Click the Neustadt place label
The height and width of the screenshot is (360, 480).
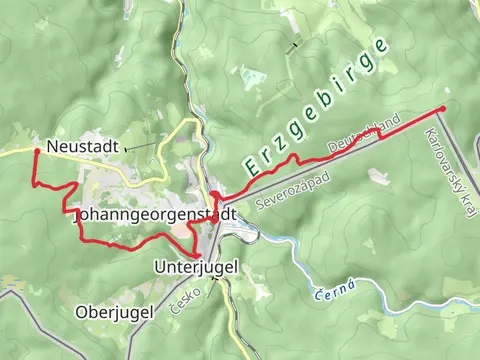tap(82, 146)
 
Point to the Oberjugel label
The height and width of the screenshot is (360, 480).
tap(114, 312)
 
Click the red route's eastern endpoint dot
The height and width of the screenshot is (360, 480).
tap(443, 108)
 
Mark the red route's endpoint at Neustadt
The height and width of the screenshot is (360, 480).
tap(36, 151)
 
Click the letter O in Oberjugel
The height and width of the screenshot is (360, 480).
tap(82, 312)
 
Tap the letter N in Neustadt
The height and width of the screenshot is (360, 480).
tap(52, 146)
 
